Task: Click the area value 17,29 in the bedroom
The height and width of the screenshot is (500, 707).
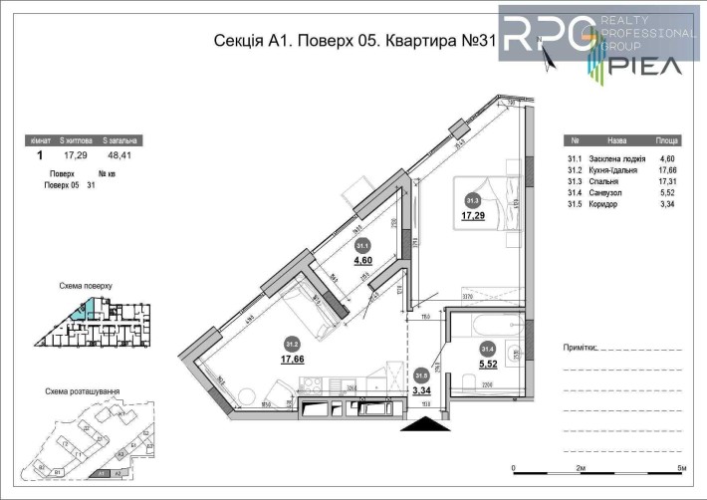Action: [473, 214]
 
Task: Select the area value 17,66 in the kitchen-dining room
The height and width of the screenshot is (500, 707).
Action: [293, 361]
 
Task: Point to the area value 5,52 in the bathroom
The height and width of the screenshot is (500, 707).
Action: [488, 365]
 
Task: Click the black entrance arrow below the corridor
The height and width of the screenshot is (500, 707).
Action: [423, 424]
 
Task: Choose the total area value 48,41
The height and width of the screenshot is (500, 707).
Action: [121, 156]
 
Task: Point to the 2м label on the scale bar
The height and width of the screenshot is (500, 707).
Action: [581, 467]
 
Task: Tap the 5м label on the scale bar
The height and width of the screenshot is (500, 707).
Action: [681, 467]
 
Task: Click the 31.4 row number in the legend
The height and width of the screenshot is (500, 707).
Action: [573, 192]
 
